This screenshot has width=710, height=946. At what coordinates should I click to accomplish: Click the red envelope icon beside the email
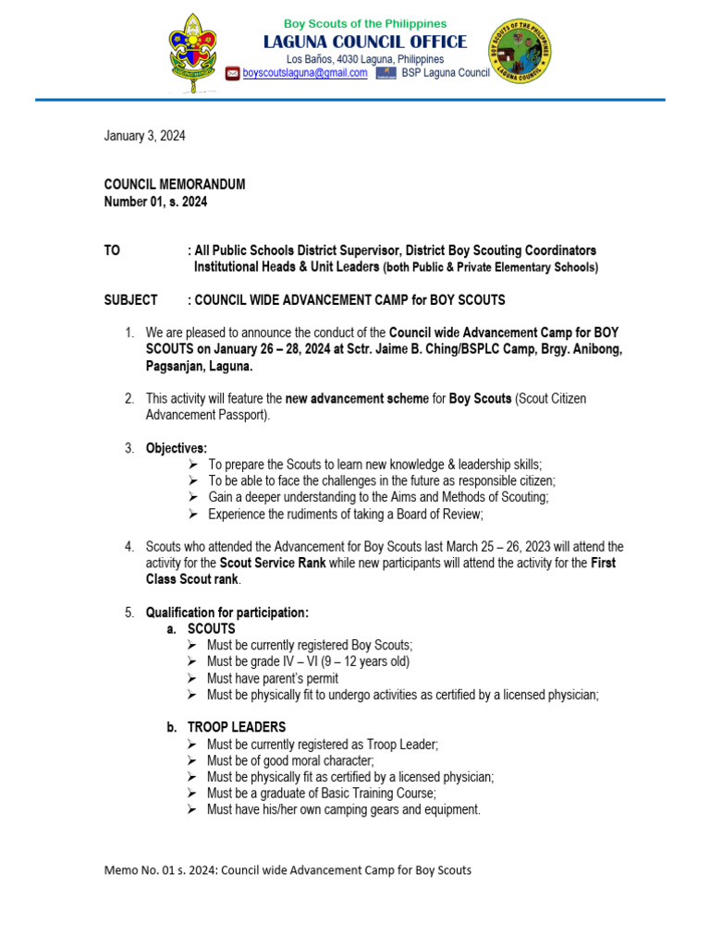tap(232, 74)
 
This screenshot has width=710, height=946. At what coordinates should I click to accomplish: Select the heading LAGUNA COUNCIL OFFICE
tap(365, 42)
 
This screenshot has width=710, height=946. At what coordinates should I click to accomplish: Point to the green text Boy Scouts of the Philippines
tap(365, 23)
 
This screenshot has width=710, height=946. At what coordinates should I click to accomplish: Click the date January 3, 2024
tap(144, 136)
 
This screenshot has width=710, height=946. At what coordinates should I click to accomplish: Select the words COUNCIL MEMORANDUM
tap(175, 185)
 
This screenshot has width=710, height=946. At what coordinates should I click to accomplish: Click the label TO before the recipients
tap(112, 250)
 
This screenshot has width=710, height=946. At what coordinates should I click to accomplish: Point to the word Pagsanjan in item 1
tap(176, 366)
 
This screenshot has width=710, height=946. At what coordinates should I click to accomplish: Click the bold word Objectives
tap(177, 448)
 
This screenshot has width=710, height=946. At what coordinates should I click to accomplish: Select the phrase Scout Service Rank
tap(272, 563)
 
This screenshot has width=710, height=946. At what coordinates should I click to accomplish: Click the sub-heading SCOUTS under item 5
tap(212, 628)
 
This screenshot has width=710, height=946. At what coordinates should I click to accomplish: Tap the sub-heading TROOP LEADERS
tap(237, 727)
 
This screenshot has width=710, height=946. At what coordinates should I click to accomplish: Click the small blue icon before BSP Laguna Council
tap(386, 74)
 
